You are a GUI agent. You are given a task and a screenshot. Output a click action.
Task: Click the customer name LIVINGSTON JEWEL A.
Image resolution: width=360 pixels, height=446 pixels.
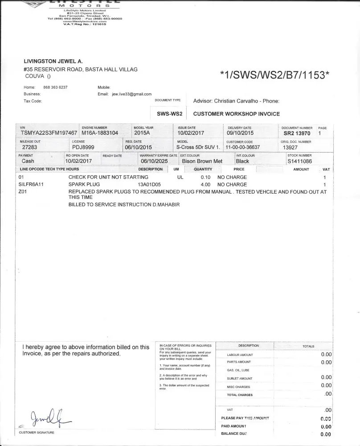coord(53,61)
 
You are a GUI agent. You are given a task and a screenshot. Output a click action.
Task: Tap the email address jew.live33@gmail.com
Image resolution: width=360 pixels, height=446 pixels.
coord(131,94)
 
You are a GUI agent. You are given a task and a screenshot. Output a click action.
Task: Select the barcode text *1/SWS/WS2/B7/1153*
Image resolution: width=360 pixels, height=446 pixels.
coord(275,75)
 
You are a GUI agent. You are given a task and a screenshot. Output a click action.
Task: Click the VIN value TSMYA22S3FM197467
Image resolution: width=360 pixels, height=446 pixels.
coord(49,133)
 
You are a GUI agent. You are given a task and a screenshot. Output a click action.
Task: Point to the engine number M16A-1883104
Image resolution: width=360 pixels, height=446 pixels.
coord(100,133)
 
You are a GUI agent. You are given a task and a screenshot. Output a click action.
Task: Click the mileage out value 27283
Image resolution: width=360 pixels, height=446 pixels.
coord(29,147)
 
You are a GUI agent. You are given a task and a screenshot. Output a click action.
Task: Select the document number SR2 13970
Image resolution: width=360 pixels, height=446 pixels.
coord(297,133)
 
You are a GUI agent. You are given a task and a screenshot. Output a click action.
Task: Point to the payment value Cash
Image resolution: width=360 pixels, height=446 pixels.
coord(28,161)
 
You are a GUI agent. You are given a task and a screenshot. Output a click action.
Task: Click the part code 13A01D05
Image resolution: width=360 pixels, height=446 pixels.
coord(149,184)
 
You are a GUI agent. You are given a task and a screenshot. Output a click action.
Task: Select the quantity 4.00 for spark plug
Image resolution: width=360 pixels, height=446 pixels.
coord(205,184)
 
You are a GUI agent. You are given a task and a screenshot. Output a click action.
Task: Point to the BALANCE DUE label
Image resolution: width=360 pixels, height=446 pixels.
coord(234,434)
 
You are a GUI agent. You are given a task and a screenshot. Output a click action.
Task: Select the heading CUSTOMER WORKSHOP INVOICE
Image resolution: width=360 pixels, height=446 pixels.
coord(236,114)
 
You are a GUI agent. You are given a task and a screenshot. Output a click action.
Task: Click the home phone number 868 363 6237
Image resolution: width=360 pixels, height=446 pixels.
coord(55,87)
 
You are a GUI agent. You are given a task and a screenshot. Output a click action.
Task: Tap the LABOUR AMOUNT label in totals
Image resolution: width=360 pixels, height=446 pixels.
coord(240,355)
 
